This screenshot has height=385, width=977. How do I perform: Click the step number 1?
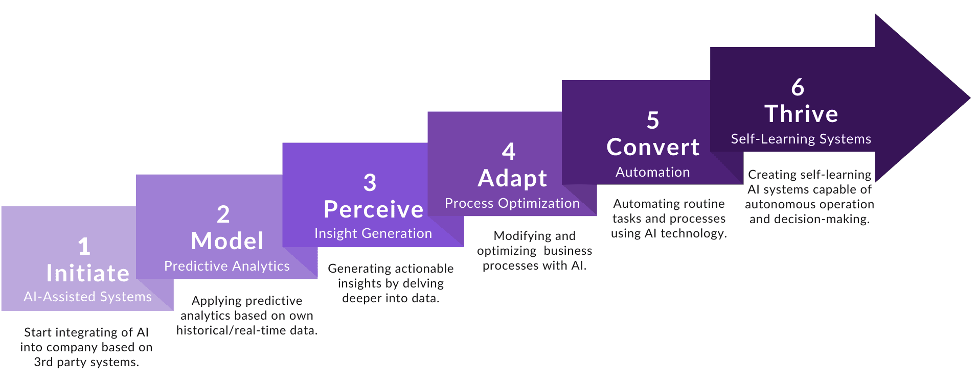click(x=84, y=247)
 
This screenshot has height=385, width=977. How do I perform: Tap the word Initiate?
click(x=87, y=273)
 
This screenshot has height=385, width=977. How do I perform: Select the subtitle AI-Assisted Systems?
click(x=87, y=297)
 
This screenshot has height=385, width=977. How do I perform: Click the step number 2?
click(x=223, y=214)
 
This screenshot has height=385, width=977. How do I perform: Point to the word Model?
click(x=227, y=241)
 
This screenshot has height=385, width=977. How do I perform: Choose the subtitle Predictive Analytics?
click(x=226, y=266)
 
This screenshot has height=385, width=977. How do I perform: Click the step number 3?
click(x=370, y=183)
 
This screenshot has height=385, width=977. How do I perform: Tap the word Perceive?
click(x=373, y=209)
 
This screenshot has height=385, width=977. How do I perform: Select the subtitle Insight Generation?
click(x=373, y=233)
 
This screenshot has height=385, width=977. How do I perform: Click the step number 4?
click(x=508, y=151)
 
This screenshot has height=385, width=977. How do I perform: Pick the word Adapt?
click(x=512, y=178)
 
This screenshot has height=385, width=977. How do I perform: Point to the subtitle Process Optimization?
click(x=512, y=203)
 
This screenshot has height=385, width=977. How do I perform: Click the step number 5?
click(x=653, y=121)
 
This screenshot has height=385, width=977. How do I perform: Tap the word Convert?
click(x=653, y=147)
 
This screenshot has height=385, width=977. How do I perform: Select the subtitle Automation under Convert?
click(x=652, y=172)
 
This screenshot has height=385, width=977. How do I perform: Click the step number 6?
click(x=798, y=87)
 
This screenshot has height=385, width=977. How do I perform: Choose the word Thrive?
click(x=801, y=114)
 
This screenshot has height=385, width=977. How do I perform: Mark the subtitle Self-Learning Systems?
click(x=801, y=139)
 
